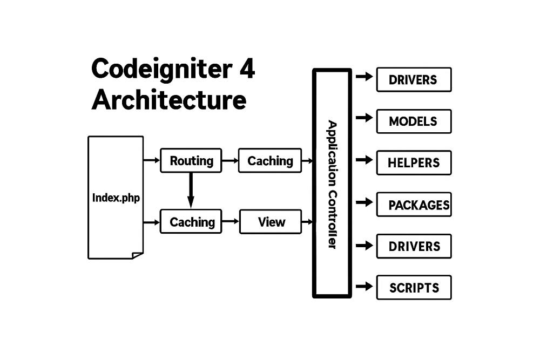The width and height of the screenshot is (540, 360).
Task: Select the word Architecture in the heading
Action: coord(168,100)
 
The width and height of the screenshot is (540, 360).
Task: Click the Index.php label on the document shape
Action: coord(116,198)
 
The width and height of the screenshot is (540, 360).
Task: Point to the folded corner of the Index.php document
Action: coord(138,255)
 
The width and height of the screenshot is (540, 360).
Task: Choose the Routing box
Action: coord(191,160)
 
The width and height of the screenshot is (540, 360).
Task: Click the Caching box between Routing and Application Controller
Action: coord(270,160)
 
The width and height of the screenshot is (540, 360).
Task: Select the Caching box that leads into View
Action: coord(191,221)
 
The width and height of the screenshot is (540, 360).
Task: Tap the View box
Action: coord(271,221)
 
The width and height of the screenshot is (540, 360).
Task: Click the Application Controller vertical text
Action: coord(332,184)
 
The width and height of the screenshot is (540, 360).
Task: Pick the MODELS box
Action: coord(413,121)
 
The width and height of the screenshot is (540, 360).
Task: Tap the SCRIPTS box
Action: coord(413,288)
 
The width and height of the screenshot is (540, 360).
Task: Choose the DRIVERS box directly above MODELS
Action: coord(413,80)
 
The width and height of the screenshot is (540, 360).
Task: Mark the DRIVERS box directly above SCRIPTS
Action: coord(413,246)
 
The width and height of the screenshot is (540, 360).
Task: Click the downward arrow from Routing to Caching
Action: coord(190,189)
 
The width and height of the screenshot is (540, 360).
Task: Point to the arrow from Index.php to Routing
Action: coord(152,160)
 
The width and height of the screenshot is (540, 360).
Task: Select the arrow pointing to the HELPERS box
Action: coord(364,160)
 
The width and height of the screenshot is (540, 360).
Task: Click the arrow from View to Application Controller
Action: coord(307,221)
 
